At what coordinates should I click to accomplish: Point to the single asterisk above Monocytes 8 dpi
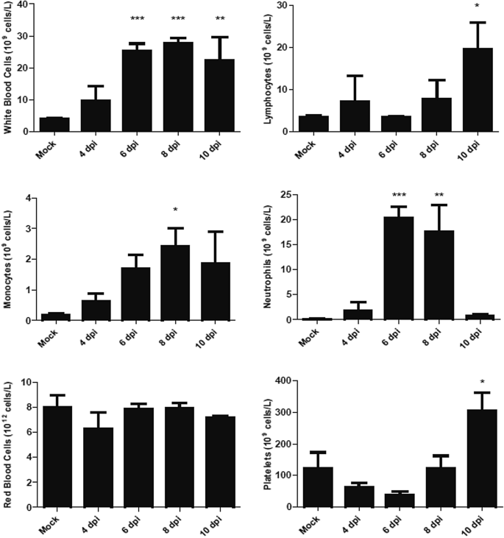(x=175, y=210)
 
